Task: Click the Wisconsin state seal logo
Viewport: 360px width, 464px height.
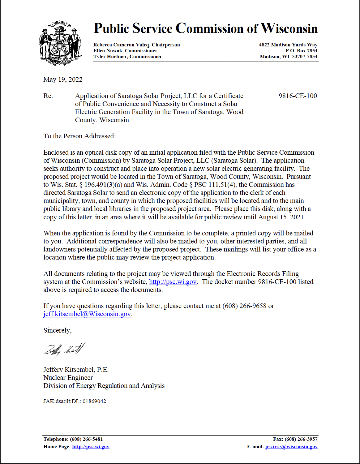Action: (x=61, y=43)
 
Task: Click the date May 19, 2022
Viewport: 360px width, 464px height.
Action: (x=63, y=79)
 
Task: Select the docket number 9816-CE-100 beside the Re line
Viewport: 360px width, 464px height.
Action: (x=298, y=96)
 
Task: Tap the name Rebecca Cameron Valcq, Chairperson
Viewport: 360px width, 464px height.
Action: (x=136, y=45)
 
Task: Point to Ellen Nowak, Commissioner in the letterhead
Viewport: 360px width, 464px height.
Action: (x=125, y=51)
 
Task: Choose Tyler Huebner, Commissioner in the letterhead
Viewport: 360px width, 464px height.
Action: (x=127, y=57)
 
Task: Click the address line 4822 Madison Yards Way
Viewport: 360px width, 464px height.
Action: (x=288, y=45)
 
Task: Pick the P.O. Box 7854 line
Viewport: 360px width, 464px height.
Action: (x=301, y=51)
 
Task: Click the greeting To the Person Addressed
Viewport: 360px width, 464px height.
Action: (x=79, y=136)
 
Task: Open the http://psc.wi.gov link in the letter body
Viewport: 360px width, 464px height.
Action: (x=173, y=282)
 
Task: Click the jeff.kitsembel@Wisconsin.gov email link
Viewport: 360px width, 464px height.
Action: (x=87, y=314)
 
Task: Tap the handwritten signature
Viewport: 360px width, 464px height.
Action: (x=64, y=349)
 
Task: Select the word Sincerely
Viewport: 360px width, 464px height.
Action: (x=57, y=330)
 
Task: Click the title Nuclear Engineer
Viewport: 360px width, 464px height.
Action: (x=68, y=378)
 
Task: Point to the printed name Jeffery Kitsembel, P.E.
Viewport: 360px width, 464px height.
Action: (x=76, y=370)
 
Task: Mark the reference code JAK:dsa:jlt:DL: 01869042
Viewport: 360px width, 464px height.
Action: (x=75, y=401)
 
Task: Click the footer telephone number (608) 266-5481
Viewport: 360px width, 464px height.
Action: (x=86, y=439)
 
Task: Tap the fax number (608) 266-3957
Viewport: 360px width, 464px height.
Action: (x=301, y=439)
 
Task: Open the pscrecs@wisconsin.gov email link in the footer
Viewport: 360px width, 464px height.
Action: (x=291, y=447)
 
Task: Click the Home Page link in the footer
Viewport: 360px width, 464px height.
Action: (x=91, y=447)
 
